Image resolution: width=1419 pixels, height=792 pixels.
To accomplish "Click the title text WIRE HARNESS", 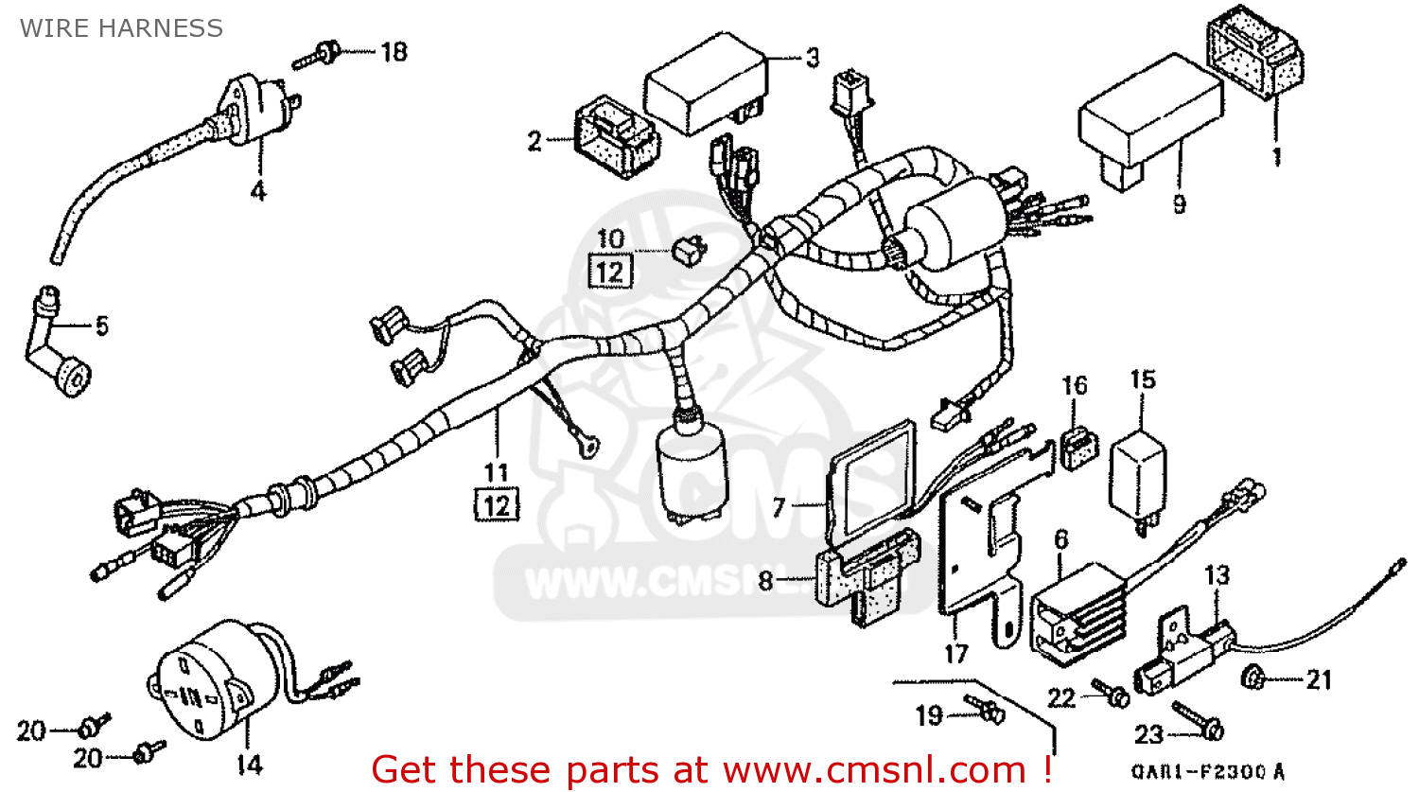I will point(121,28).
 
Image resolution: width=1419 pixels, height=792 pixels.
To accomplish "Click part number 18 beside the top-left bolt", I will point(394,52).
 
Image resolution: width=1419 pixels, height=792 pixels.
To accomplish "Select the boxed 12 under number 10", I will point(610,273).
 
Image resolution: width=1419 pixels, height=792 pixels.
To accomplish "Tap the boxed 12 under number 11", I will point(497,505).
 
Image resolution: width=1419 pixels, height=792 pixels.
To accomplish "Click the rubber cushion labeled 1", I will point(1253,57).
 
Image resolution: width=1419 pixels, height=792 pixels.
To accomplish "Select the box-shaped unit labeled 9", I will point(1149,118).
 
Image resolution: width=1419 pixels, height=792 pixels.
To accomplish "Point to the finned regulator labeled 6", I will point(1078,610).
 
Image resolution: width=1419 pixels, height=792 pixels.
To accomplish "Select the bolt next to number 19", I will point(984,708).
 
